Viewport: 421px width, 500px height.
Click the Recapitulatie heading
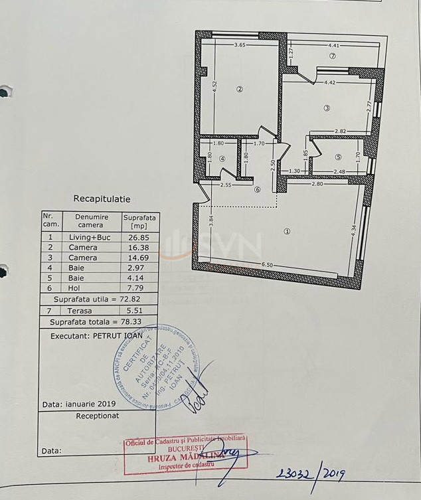pyautogui.click(x=102, y=199)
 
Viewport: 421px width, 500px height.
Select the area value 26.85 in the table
pyautogui.click(x=139, y=237)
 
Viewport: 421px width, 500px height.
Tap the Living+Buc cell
pyautogui.click(x=92, y=237)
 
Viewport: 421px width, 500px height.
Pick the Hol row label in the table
pyautogui.click(x=74, y=289)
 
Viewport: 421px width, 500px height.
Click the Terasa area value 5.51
pyautogui.click(x=139, y=310)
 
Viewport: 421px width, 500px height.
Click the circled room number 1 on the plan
pyautogui.click(x=287, y=232)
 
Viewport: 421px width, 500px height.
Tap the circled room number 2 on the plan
pyautogui.click(x=240, y=90)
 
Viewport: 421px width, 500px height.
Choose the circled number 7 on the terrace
pyautogui.click(x=333, y=56)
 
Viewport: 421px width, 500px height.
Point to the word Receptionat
pyautogui.click(x=98, y=416)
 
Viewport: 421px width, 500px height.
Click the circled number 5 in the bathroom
pyautogui.click(x=338, y=157)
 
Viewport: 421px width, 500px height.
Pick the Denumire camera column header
pyautogui.click(x=92, y=220)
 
